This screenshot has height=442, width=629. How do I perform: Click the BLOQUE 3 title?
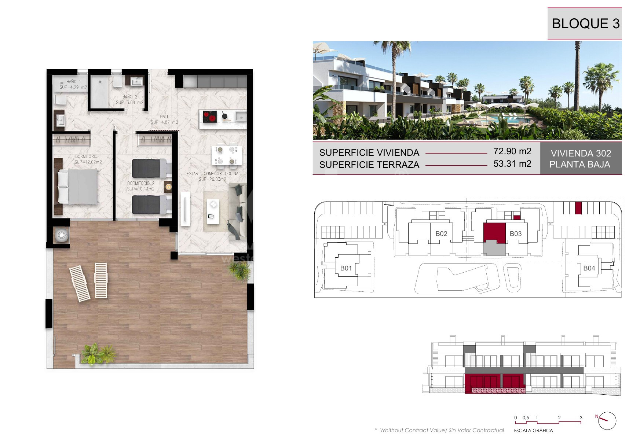pos(585,23)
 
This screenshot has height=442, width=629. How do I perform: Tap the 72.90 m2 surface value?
pos(512,151)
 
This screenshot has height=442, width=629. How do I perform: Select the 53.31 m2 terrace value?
pos(512,163)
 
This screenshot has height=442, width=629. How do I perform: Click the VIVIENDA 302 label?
pos(581,153)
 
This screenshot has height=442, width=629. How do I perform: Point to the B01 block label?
pos(346,268)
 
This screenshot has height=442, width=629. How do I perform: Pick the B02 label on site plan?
pos(441,233)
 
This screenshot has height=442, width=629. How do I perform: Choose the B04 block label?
pos(589,268)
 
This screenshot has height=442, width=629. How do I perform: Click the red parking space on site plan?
pos(578,208)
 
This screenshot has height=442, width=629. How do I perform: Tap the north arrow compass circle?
pos(607,421)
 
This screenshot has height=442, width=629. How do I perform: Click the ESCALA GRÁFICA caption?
pos(533,430)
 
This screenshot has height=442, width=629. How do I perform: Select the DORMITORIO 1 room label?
pos(88,156)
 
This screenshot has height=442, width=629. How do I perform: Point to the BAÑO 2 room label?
pos(130,97)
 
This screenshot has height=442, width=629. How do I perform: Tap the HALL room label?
pos(164,117)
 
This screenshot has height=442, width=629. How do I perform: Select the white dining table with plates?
pos(227,155)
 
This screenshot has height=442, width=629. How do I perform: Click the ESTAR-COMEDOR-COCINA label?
pos(212,173)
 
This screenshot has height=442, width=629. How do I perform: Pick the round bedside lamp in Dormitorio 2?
pos(168,187)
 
